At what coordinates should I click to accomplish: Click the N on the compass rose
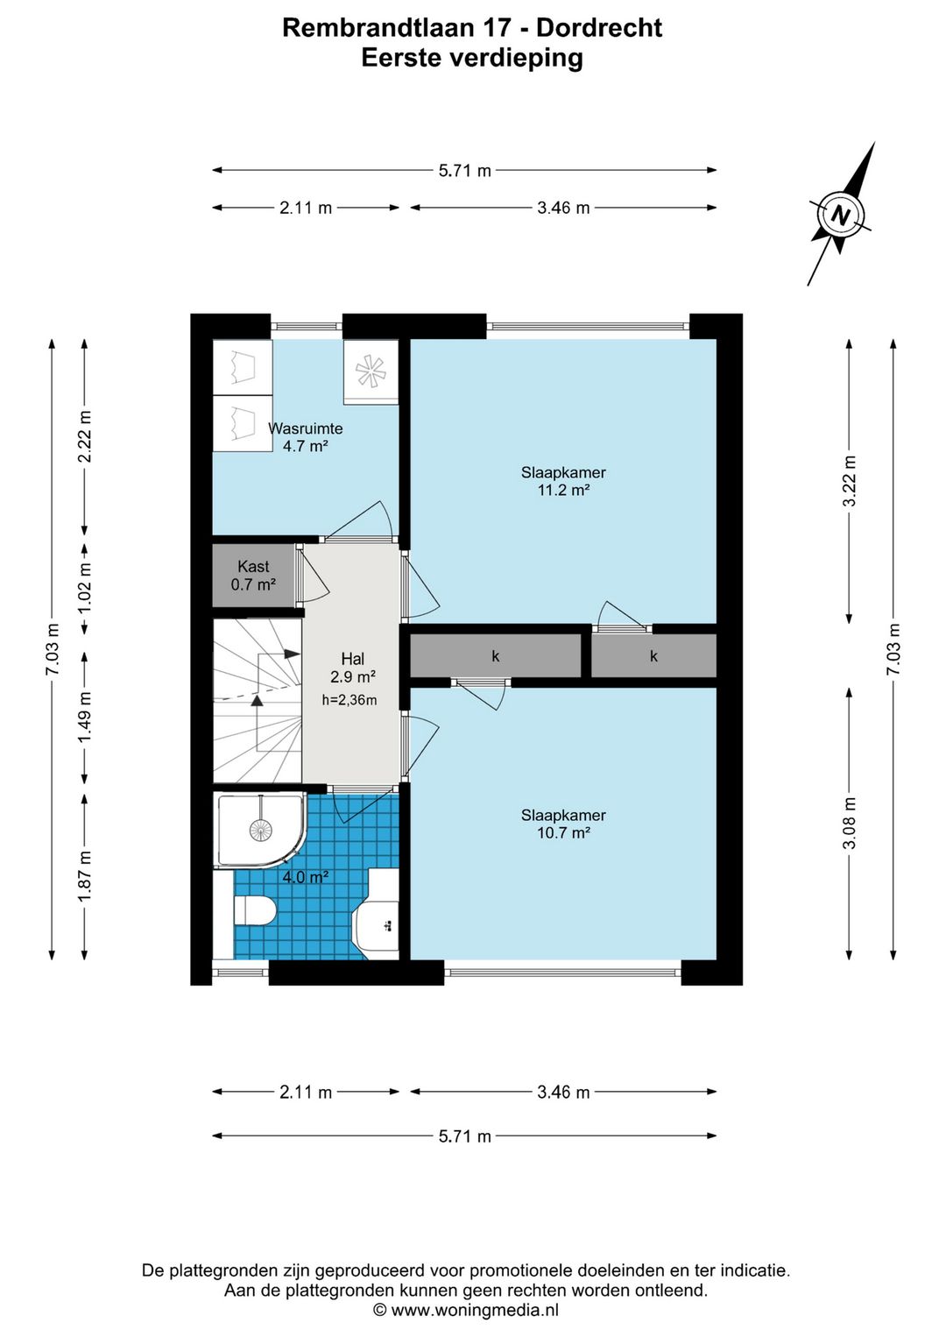click(841, 215)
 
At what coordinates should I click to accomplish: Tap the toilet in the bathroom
click(254, 911)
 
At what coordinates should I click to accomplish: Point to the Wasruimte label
click(306, 428)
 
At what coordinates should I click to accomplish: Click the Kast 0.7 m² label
click(254, 576)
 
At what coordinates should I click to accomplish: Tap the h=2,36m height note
click(349, 700)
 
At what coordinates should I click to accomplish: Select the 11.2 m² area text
click(563, 491)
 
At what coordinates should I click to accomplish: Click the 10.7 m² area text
click(563, 832)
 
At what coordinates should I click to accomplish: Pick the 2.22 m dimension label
click(85, 436)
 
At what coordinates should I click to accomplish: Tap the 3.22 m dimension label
click(850, 481)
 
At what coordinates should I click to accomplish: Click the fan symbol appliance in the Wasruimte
click(371, 372)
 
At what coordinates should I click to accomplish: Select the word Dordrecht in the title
click(599, 28)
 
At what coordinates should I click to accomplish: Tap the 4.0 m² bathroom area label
click(306, 877)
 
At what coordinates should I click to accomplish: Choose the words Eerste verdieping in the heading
click(472, 59)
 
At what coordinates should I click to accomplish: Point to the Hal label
click(353, 658)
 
